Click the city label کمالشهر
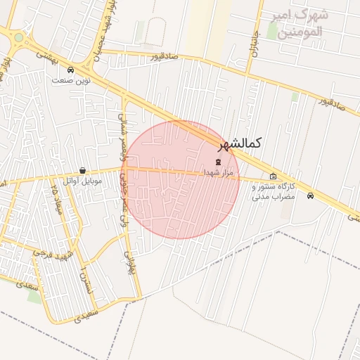click(x=239, y=143)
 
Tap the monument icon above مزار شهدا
click(x=217, y=162)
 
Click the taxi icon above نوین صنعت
click(x=70, y=70)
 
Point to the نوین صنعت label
click(x=70, y=80)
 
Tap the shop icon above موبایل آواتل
click(x=83, y=170)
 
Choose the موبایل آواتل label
click(x=83, y=181)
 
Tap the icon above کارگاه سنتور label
click(x=273, y=176)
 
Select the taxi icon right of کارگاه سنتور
click(x=310, y=195)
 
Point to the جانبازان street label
click(x=255, y=49)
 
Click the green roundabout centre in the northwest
click(x=18, y=37)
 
